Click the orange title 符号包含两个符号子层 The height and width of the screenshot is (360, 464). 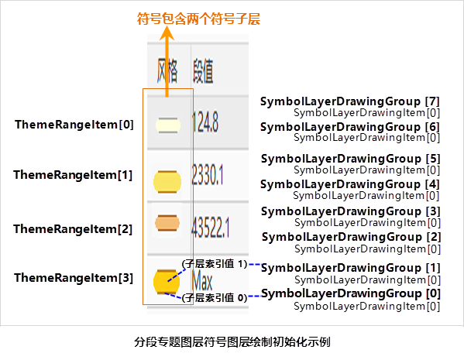[x=198, y=19]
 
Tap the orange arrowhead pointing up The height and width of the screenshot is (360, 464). [x=167, y=33]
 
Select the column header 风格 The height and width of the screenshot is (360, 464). [x=167, y=70]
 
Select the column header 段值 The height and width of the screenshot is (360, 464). [x=203, y=70]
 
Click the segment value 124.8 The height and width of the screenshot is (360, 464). [x=205, y=122]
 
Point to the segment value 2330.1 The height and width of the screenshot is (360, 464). [x=208, y=175]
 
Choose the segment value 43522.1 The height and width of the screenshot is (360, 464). [x=211, y=227]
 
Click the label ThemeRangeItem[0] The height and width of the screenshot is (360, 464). [x=74, y=125]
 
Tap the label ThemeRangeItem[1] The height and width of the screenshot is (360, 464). [x=73, y=175]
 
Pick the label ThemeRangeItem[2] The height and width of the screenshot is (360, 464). [x=73, y=229]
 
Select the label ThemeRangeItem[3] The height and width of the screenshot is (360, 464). [x=74, y=278]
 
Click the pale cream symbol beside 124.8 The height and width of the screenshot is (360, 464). [x=168, y=125]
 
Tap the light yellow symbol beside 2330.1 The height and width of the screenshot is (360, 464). [x=167, y=182]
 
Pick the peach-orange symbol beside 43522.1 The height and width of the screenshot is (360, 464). [x=167, y=223]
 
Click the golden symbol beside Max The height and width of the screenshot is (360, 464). [x=167, y=282]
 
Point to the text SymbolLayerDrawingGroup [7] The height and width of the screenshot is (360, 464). [x=350, y=101]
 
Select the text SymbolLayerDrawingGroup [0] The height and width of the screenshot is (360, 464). [x=351, y=293]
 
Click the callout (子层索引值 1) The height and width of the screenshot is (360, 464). [x=215, y=263]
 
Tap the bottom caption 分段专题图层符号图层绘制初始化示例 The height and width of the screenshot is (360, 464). [x=232, y=342]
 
